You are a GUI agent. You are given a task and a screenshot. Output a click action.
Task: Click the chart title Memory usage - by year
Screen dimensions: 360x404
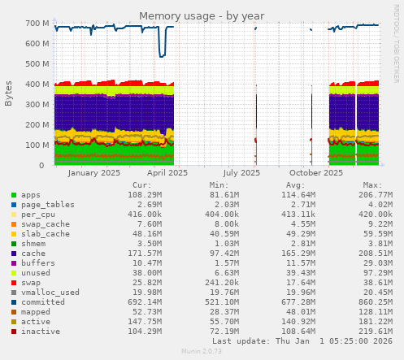(202, 16)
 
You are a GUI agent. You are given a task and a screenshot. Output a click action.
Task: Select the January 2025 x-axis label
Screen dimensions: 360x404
(94, 172)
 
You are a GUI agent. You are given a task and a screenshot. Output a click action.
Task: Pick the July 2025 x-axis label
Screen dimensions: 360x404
(241, 172)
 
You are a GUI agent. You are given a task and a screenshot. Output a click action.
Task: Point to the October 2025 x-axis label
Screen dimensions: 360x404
(316, 172)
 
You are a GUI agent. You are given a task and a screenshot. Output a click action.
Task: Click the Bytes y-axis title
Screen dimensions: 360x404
(9, 93)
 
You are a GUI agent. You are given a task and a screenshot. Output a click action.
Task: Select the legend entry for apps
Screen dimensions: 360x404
(31, 195)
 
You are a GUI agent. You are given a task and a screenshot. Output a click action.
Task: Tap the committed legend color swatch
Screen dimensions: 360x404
(13, 302)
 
